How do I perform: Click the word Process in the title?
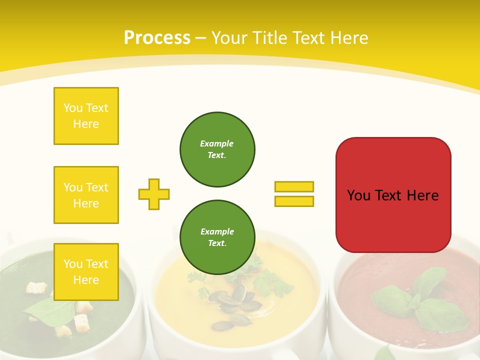[x=157, y=37]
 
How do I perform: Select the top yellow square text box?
[x=86, y=116]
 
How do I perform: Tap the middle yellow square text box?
[x=86, y=195]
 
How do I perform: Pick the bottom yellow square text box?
[x=86, y=271]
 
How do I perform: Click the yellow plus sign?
[x=154, y=194]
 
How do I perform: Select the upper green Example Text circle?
[x=217, y=149]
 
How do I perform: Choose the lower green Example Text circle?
[x=217, y=237]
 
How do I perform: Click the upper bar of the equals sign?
[x=294, y=186]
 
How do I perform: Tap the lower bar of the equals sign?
[x=294, y=201]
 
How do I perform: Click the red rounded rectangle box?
[x=393, y=195]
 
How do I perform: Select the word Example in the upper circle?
[x=217, y=143]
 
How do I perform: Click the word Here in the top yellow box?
[x=86, y=123]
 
